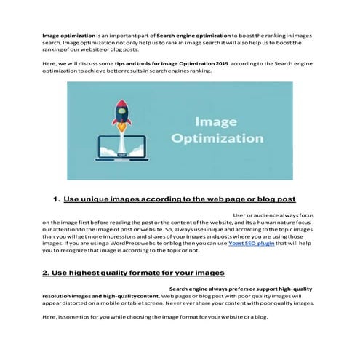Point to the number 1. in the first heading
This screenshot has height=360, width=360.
click(57, 199)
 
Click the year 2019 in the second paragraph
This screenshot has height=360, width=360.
click(218, 65)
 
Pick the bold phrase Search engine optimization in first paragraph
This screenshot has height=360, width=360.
click(193, 35)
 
